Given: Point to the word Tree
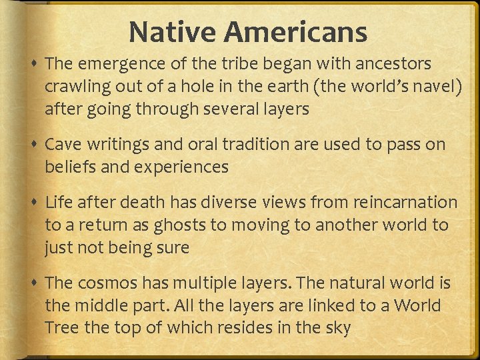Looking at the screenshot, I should pyautogui.click(x=61, y=328).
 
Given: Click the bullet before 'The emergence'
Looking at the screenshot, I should pyautogui.click(x=34, y=65).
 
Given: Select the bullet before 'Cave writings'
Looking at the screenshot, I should pyautogui.click(x=34, y=145).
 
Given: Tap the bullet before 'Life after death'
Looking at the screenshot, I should pyautogui.click(x=34, y=203).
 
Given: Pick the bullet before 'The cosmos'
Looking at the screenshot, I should pyautogui.click(x=34, y=284).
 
